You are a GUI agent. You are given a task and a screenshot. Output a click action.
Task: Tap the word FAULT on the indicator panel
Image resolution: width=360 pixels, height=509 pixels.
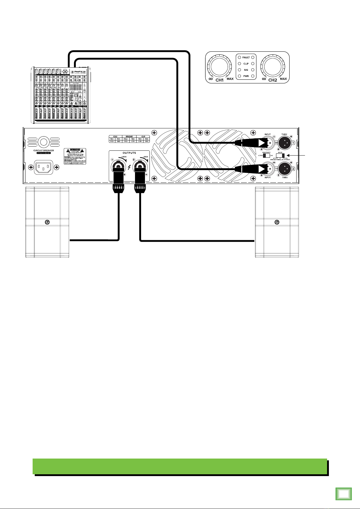tap(246, 57)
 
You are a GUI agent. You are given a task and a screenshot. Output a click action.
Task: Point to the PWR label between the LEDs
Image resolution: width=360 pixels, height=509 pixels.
tap(246, 76)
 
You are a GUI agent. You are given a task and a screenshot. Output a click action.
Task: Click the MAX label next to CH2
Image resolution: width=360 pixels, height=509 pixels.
tap(283, 79)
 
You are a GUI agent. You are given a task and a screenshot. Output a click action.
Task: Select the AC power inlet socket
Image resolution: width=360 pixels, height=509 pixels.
tap(44, 167)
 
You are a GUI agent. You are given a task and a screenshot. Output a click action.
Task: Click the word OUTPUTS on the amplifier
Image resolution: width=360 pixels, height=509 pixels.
tap(129, 153)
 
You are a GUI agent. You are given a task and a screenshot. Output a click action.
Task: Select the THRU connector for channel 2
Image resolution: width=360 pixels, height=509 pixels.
tap(284, 169)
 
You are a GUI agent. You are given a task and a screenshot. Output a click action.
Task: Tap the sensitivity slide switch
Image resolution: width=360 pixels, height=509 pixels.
tap(266, 156)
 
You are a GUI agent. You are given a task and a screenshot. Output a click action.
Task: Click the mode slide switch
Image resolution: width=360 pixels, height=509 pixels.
tap(280, 156)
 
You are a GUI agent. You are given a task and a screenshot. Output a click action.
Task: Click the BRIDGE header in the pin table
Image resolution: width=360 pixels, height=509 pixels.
tap(129, 137)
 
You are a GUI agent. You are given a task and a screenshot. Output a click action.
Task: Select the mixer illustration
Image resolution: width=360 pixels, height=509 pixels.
tap(61, 94)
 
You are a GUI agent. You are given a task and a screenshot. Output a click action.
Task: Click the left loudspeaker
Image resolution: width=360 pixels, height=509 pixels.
tap(47, 222)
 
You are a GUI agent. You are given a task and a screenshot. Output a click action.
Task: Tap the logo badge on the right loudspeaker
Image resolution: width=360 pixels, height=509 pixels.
tap(277, 223)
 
